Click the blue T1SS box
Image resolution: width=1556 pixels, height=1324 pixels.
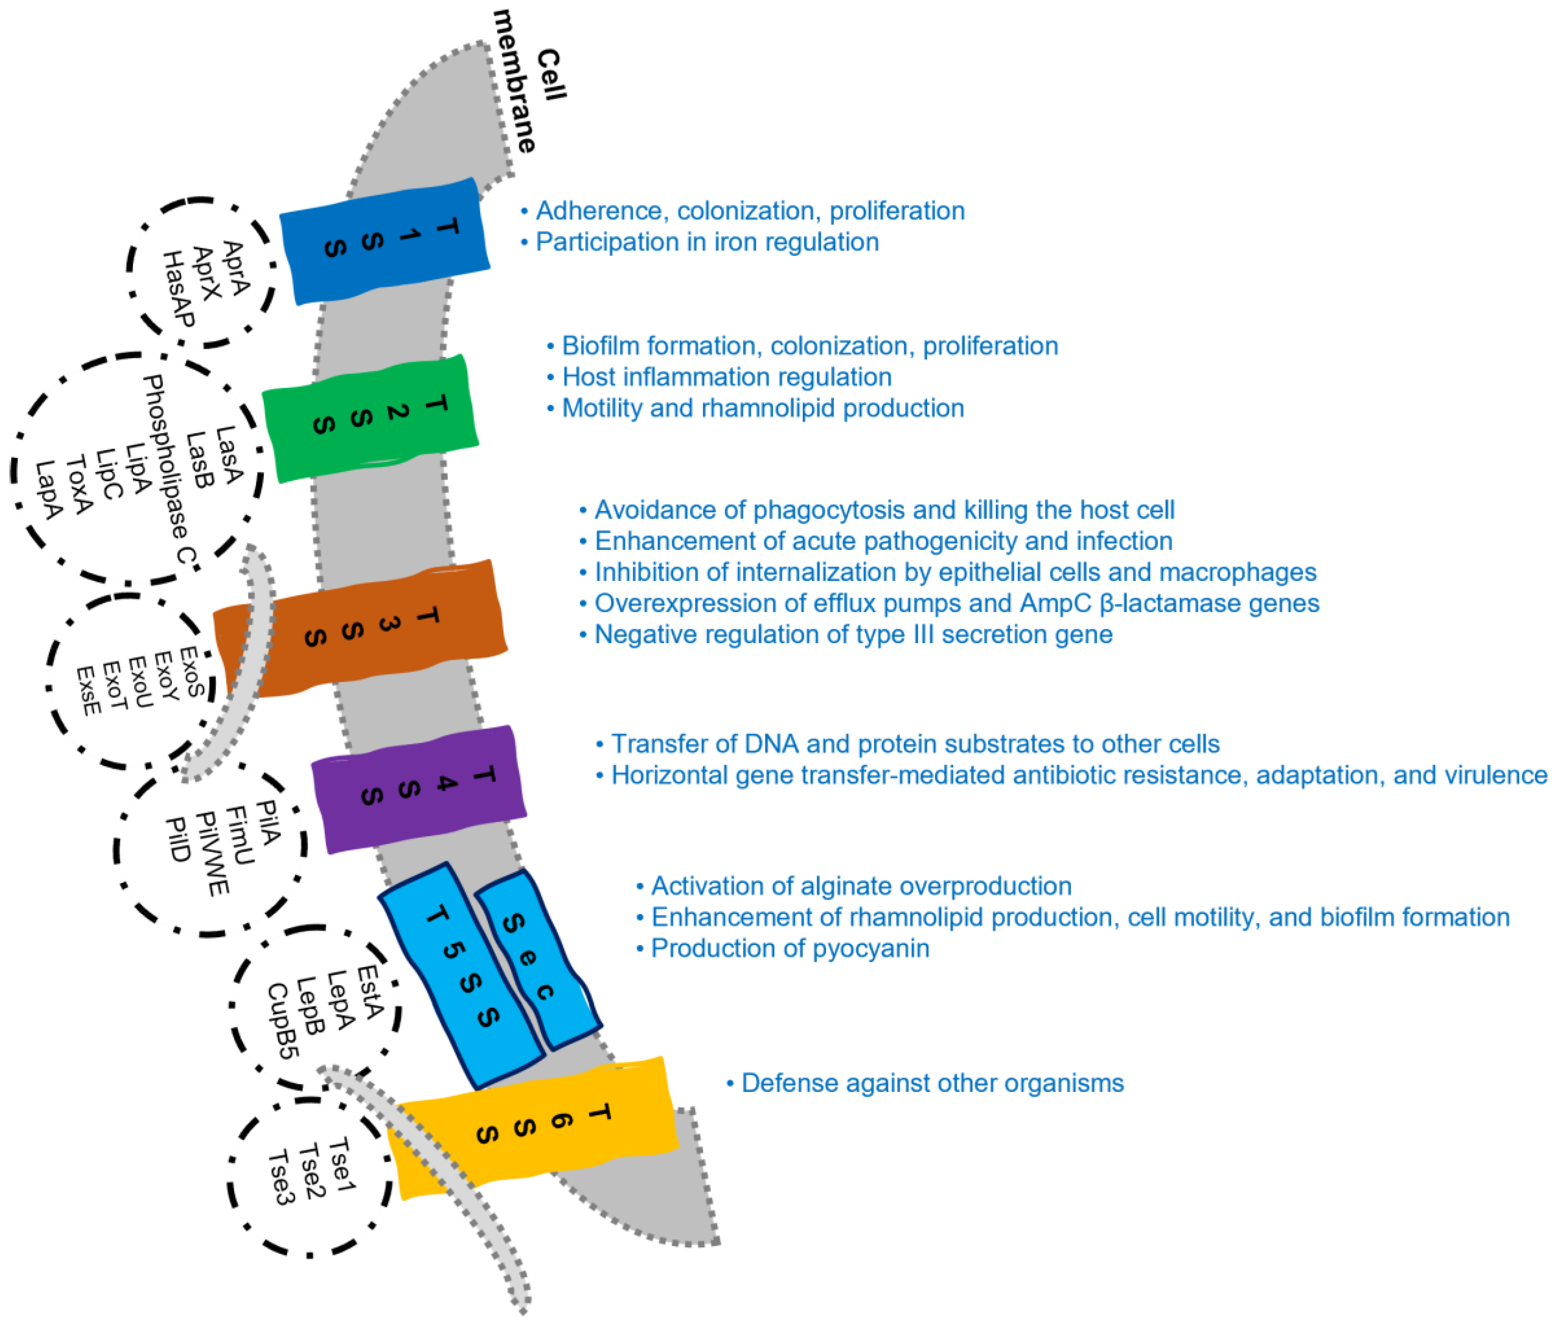[x=384, y=240]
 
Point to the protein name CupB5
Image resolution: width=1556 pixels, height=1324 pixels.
[x=283, y=1021]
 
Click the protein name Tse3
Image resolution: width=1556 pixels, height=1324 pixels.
[x=281, y=1177]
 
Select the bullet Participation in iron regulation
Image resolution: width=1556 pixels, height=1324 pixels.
[x=706, y=243]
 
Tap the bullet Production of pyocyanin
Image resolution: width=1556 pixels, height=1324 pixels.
[x=789, y=948]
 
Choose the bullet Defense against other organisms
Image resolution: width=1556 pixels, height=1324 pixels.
[x=931, y=1083]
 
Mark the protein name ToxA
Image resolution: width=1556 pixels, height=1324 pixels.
[x=79, y=484]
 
